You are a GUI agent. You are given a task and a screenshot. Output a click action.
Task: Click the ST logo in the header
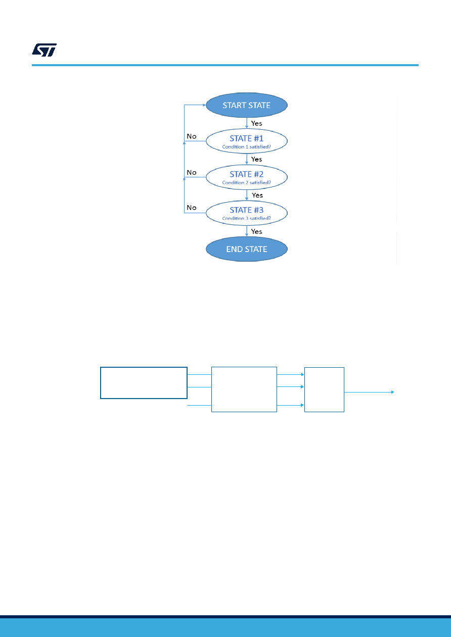pos(44,50)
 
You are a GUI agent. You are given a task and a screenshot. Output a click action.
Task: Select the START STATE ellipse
pos(246,105)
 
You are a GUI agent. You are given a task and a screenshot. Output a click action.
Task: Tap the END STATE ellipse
pos(246,249)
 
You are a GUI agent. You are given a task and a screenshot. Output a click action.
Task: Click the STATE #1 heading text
pos(246,138)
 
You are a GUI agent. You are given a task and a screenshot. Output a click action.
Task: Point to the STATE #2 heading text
pos(246,174)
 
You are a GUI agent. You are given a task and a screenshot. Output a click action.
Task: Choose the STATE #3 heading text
pos(246,210)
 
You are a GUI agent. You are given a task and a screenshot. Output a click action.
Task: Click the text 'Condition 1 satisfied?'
pos(246,146)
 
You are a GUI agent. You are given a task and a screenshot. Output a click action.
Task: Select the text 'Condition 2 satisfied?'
pos(246,182)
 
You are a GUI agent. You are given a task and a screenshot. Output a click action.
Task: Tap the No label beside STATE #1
pos(192,136)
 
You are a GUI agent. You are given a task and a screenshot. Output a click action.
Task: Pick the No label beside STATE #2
pos(192,172)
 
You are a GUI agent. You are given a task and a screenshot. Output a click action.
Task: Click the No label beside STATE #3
pos(192,208)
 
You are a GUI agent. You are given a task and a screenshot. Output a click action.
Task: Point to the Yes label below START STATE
pos(256,123)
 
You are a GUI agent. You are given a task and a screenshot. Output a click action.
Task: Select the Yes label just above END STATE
pos(256,231)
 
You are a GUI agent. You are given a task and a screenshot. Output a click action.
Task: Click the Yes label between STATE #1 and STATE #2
pos(256,159)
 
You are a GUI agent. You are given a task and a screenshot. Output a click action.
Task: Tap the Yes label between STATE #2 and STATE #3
pos(257,195)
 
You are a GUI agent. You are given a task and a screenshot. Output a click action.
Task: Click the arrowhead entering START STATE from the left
pos(204,105)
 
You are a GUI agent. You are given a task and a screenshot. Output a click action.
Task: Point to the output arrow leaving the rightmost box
pos(369,392)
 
